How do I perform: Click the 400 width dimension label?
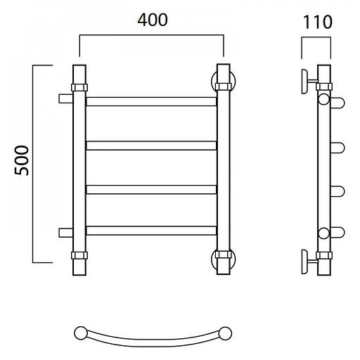[x=153, y=20]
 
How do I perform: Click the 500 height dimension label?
[x=22, y=160]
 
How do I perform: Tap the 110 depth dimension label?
[x=318, y=22]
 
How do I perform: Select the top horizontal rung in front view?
[x=151, y=101]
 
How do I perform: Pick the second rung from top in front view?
[x=151, y=146]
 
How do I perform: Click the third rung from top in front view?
[x=151, y=190]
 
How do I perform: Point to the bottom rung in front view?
[x=151, y=231]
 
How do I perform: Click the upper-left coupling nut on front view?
[x=79, y=87]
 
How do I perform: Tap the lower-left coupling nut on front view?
[x=79, y=255]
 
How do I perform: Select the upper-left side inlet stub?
[x=65, y=98]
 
